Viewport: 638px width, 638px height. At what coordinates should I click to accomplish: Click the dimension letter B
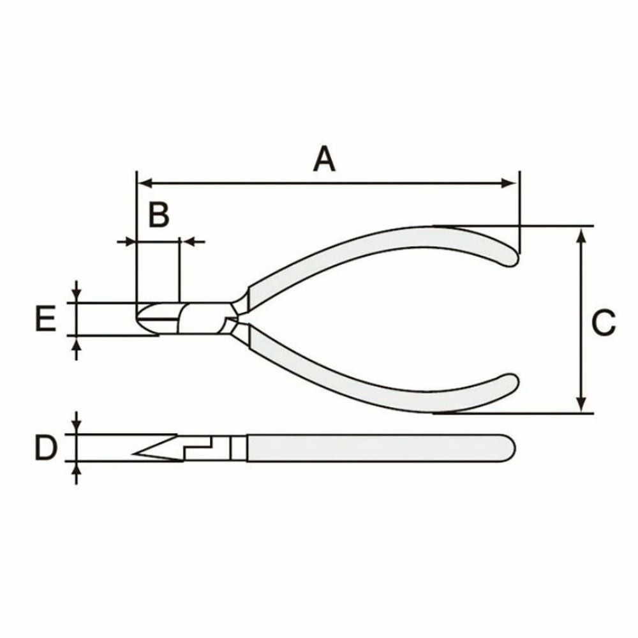point(159,214)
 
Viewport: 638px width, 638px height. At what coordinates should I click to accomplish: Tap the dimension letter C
point(603,323)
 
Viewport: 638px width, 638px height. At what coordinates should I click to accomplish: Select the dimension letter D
point(47,447)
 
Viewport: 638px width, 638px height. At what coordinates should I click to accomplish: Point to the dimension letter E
point(45,318)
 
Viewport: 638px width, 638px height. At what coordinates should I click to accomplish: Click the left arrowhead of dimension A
point(145,183)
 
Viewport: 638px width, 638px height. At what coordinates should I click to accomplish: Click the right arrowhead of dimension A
point(509,183)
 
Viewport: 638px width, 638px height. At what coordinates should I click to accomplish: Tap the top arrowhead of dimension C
point(582,236)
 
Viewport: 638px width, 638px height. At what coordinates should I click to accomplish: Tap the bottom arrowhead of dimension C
point(582,403)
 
